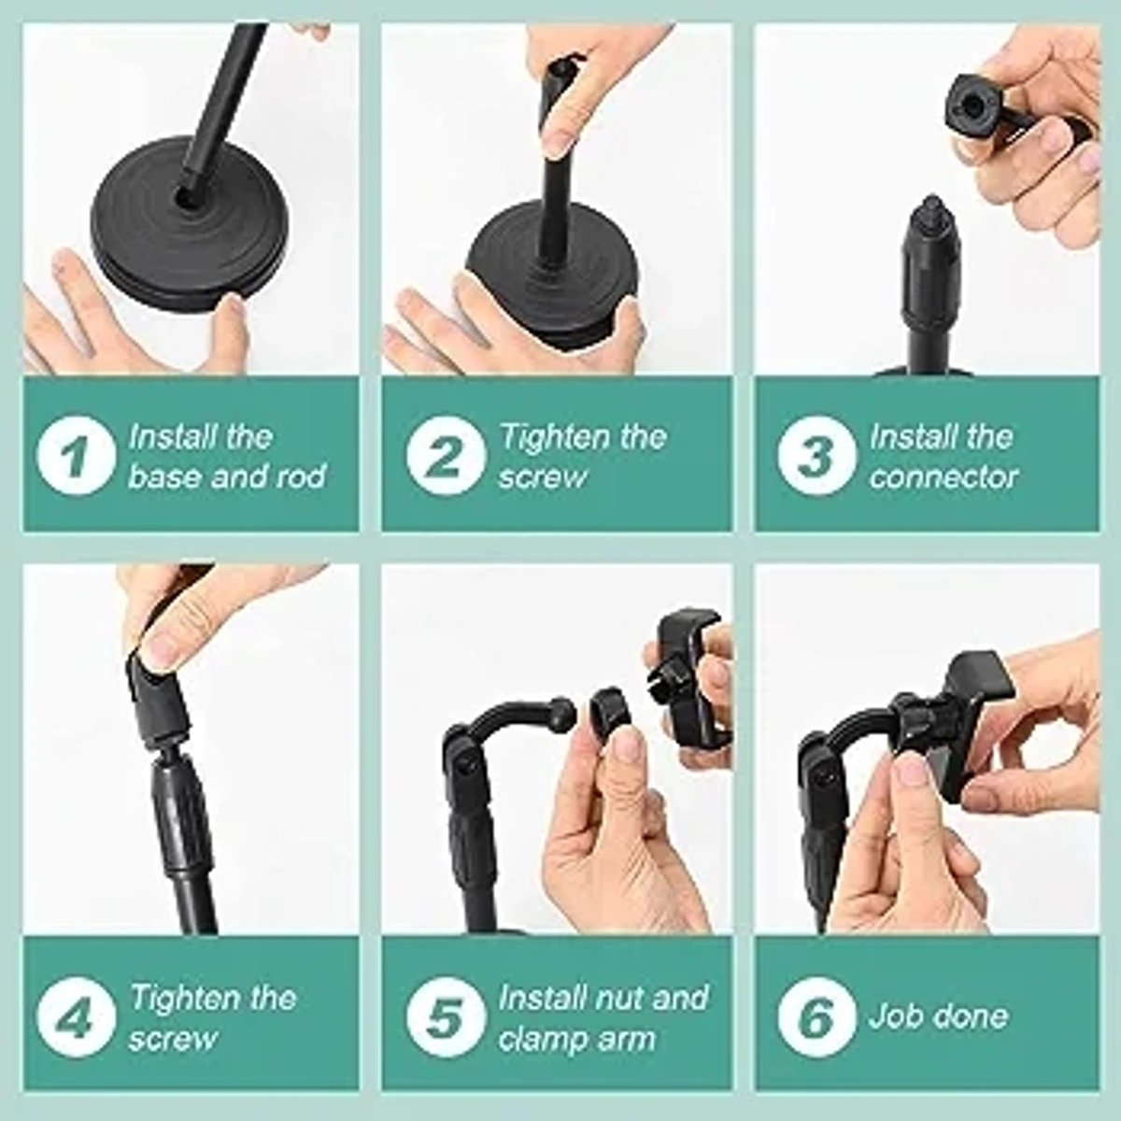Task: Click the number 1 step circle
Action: [76, 456]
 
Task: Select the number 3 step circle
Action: [816, 456]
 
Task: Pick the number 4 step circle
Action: [76, 1017]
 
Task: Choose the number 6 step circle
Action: [816, 1017]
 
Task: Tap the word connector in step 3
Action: [944, 476]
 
